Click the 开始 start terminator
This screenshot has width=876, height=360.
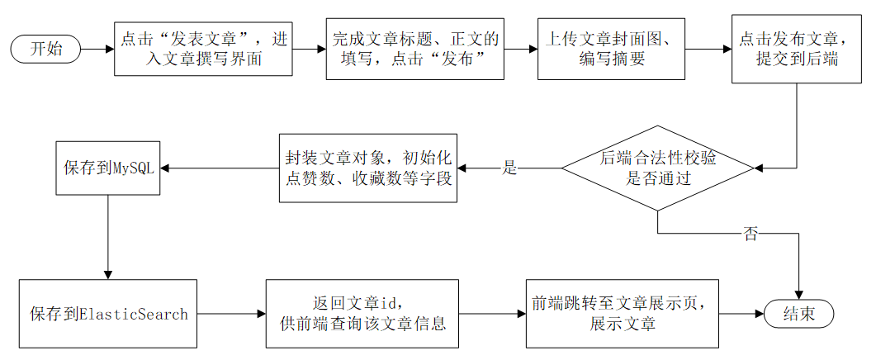45,49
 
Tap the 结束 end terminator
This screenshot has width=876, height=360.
798,314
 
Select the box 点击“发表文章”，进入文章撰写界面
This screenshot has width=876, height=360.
203,49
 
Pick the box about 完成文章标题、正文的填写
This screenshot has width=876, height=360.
415,49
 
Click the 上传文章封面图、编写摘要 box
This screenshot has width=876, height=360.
611,49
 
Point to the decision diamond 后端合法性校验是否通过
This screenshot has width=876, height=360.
657,168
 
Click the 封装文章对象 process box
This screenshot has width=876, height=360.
368,168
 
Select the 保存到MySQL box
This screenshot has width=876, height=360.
108,168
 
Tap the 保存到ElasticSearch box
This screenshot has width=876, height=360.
108,314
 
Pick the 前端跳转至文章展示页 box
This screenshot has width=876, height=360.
623,314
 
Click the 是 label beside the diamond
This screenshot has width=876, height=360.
509,168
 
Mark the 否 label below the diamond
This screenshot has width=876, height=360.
751,234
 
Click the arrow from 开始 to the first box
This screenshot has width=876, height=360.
97,49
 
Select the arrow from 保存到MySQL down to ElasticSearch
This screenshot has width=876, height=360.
108,237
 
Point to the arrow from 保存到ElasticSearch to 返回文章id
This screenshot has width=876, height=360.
231,314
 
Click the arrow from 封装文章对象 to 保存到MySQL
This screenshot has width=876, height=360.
220,168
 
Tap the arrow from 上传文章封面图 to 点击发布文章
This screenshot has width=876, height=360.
708,49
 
